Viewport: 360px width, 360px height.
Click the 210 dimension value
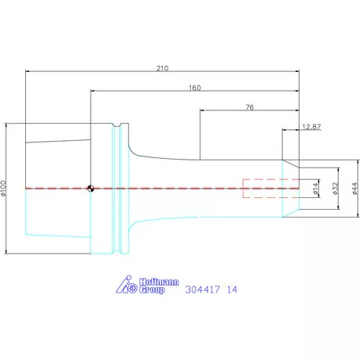click(162, 68)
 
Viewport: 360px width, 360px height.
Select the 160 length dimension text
click(195, 88)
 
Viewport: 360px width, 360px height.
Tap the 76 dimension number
click(250, 107)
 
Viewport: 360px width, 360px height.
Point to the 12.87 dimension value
click(311, 127)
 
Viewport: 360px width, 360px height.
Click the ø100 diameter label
click(3, 188)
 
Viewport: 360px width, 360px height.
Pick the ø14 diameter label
click(315, 189)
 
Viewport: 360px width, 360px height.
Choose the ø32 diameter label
click(335, 189)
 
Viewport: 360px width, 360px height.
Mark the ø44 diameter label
click(355, 189)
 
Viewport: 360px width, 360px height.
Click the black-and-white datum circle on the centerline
click(91, 189)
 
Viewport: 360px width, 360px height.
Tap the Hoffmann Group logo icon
click(126, 284)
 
